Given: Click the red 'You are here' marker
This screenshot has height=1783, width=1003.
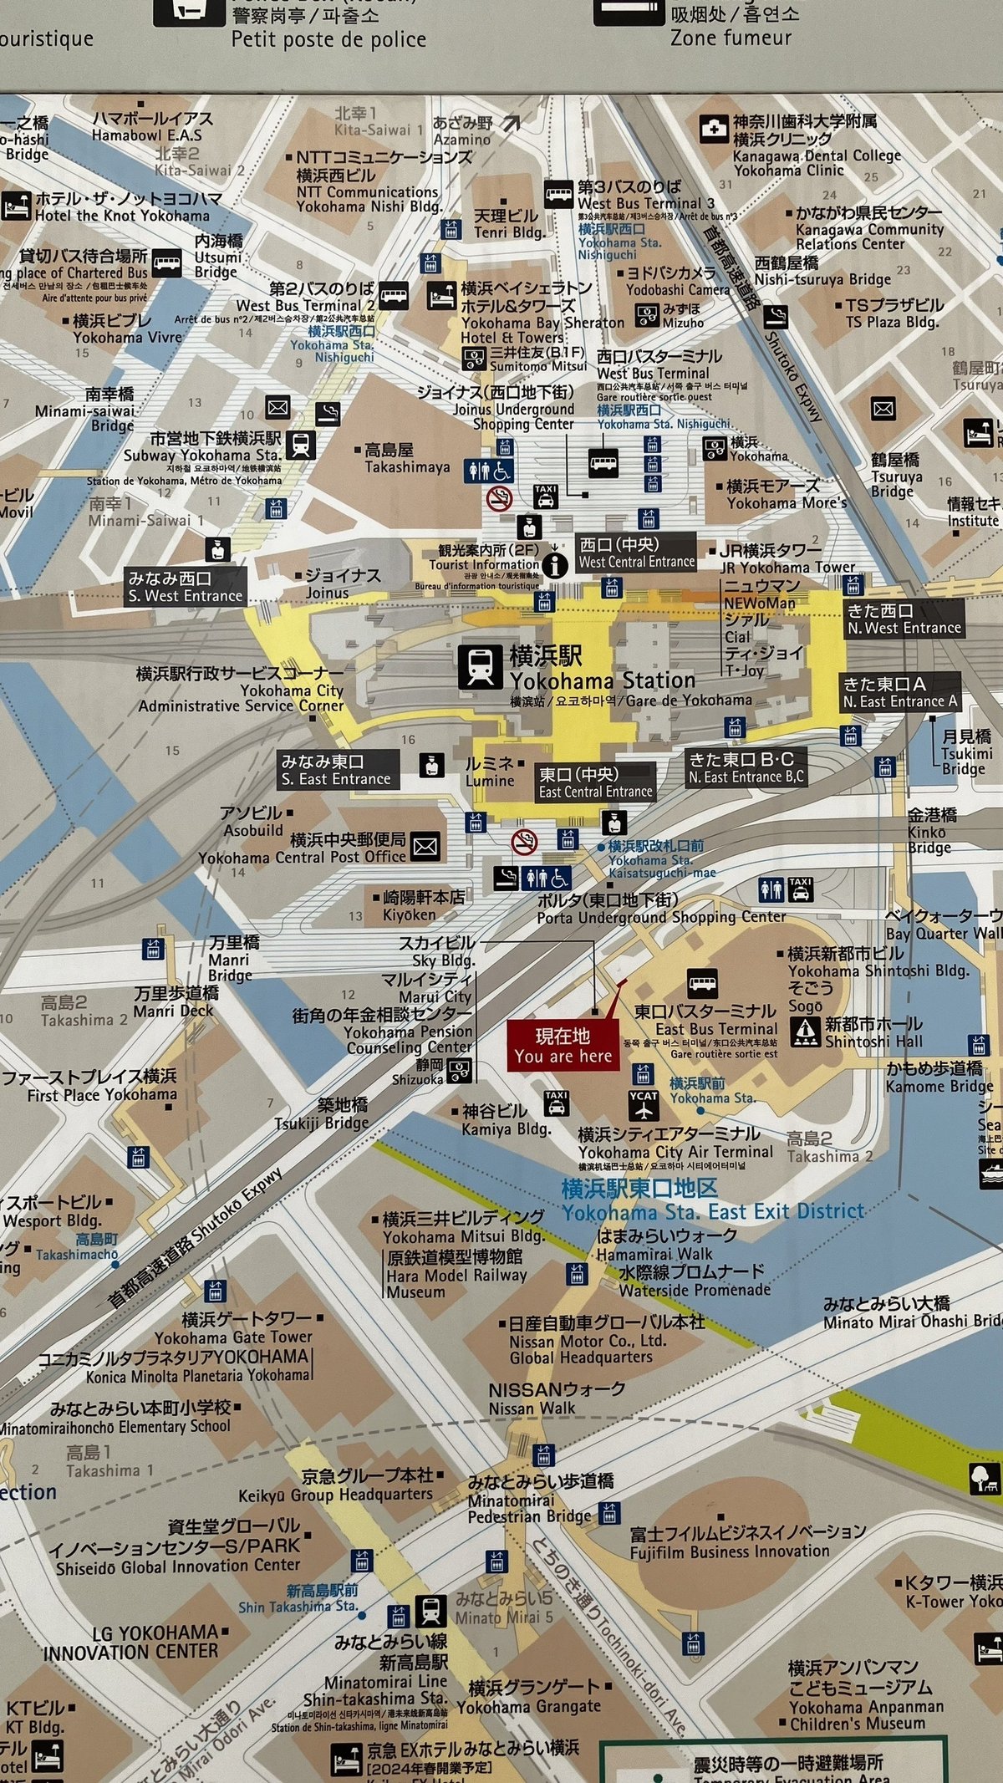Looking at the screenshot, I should coord(563,1045).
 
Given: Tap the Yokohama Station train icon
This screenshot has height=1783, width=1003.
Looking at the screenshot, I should coord(480,666).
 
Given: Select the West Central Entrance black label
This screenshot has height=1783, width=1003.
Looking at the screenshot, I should coord(636,553).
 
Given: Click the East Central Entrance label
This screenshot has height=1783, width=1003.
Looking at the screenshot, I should coord(594,783).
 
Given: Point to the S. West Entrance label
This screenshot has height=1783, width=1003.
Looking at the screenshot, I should coord(186,587).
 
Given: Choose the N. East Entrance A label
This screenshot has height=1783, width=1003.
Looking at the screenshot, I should coord(899,693).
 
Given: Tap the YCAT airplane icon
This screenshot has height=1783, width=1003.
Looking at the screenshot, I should coord(643,1105).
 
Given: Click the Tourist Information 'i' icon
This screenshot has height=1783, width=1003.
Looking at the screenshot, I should coord(554,565).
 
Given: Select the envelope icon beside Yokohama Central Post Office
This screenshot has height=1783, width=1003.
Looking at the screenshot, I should coord(425,847).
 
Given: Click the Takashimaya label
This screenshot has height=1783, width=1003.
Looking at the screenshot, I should coord(406,459).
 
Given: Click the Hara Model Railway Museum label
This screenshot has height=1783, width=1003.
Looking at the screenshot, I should coord(456,1274).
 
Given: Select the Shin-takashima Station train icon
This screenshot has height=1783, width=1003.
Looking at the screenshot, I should coord(430,1610).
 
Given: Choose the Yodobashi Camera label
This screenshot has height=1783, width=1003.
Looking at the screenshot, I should coord(677,281).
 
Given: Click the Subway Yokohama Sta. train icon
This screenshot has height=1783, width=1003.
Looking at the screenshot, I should coord(301,445).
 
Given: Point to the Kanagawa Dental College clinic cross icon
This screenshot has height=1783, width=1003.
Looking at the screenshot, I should coord(713,129).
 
